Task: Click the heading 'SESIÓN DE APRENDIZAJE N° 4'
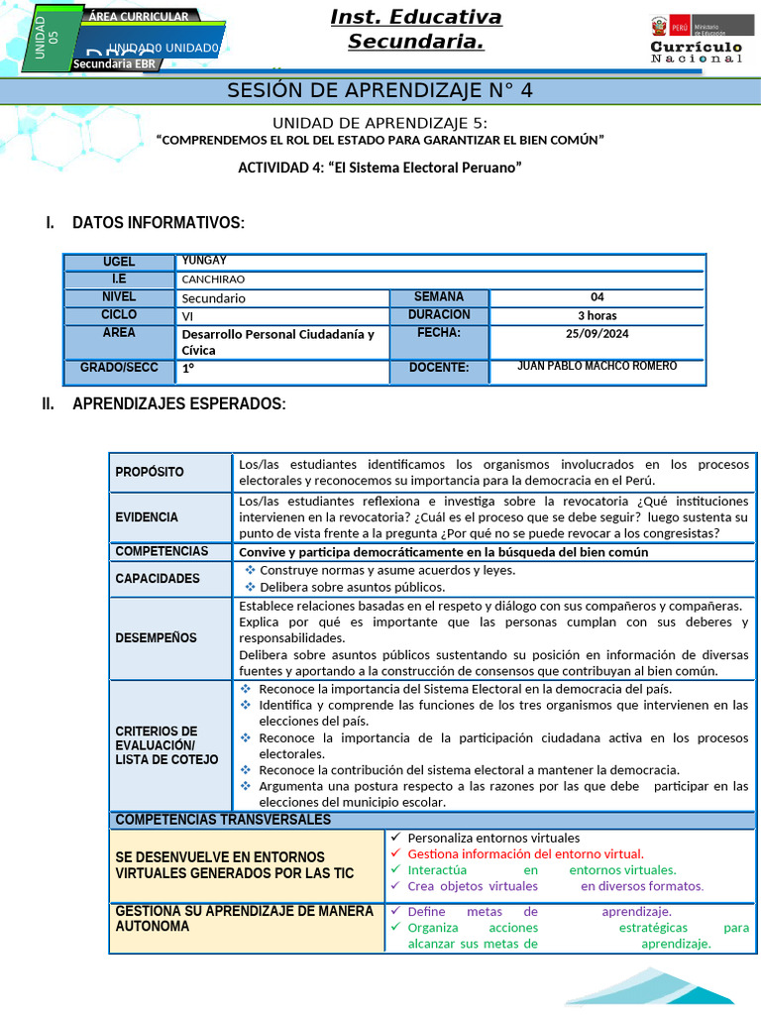(x=380, y=91)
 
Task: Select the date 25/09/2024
(x=597, y=333)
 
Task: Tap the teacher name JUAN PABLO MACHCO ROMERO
(x=597, y=367)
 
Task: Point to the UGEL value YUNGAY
(x=204, y=261)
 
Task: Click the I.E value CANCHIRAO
(x=213, y=280)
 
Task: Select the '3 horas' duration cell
(x=597, y=315)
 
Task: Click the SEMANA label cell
(x=438, y=297)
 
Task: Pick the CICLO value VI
(x=187, y=316)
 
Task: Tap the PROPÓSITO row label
(x=150, y=472)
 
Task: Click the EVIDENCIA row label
(x=147, y=517)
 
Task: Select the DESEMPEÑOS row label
(x=156, y=638)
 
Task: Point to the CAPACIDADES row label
(x=157, y=579)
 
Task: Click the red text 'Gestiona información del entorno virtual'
(x=525, y=853)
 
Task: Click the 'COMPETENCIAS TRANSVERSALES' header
(x=223, y=820)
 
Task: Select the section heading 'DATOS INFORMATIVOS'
(x=158, y=223)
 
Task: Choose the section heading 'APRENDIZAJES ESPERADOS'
(x=178, y=404)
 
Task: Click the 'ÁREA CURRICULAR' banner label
(x=139, y=17)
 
